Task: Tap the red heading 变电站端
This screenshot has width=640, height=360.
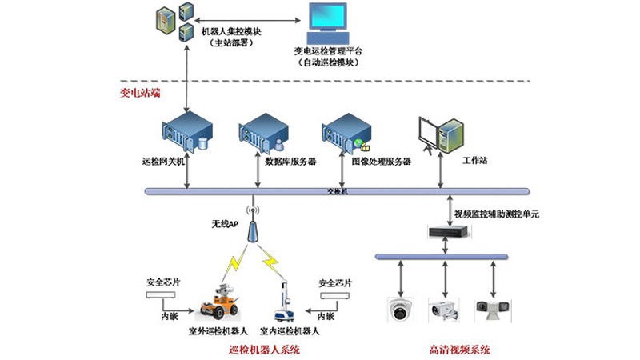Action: pyautogui.click(x=139, y=93)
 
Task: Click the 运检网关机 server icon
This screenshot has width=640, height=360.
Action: pyautogui.click(x=188, y=133)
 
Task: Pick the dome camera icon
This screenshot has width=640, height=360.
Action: pyautogui.click(x=398, y=309)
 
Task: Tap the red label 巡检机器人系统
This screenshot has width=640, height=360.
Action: pyautogui.click(x=263, y=350)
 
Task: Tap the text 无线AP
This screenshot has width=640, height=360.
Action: pyautogui.click(x=225, y=225)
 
